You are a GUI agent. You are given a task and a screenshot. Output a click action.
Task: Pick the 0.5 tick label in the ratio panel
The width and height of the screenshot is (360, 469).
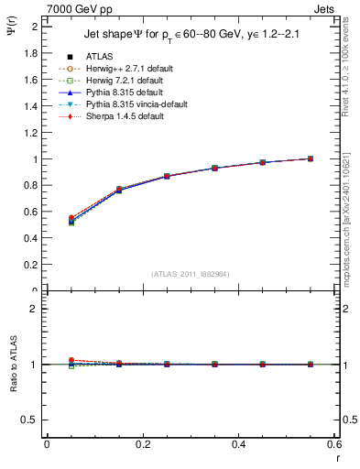[31, 420]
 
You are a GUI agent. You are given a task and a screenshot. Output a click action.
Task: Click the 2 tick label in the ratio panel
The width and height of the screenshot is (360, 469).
[35, 310]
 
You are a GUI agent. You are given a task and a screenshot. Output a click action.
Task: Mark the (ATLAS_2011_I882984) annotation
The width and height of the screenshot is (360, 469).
[191, 274]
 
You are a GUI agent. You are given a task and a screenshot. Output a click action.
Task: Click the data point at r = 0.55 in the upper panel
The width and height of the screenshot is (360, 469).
[311, 158]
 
